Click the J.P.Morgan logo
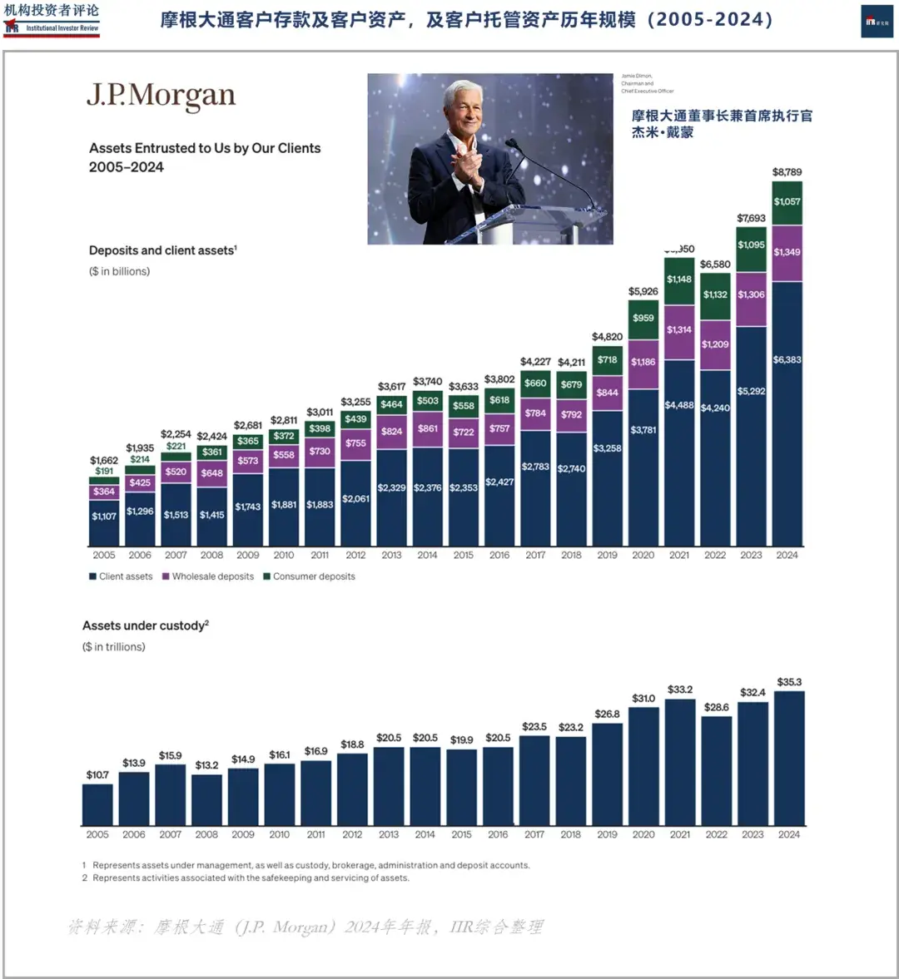(x=161, y=96)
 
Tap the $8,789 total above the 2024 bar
(x=787, y=172)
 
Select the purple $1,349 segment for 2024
(x=787, y=252)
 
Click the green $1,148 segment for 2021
(x=678, y=279)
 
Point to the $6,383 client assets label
(x=787, y=359)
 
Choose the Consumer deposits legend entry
(x=309, y=576)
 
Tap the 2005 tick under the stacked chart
(x=104, y=555)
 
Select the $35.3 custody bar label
(x=789, y=682)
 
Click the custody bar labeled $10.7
(x=97, y=803)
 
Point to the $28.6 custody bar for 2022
(x=716, y=769)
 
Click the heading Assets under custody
(x=145, y=625)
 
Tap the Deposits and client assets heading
(x=162, y=250)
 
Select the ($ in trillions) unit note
(x=113, y=647)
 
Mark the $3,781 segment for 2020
(x=643, y=430)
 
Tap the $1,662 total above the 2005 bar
(x=104, y=460)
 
